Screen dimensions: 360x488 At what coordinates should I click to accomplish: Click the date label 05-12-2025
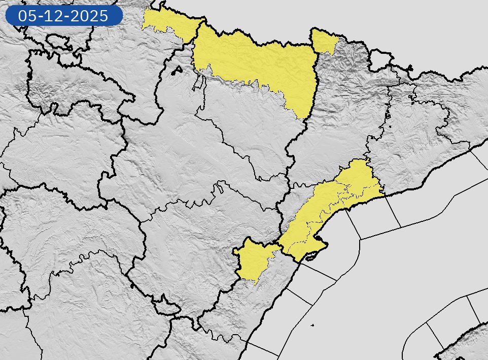pos(63,16)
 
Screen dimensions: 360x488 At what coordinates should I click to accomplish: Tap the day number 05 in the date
pos(26,16)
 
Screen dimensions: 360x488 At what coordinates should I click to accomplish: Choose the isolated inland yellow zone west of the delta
pos(254,259)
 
